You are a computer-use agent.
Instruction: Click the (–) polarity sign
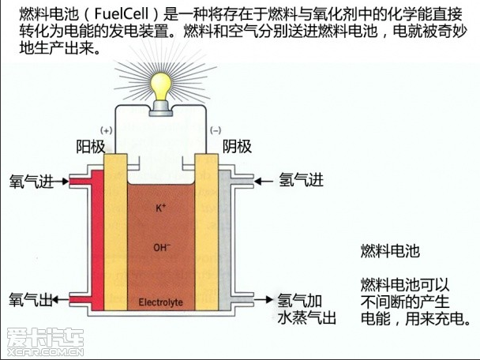tap(216, 129)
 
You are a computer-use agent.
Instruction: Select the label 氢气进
tap(301, 181)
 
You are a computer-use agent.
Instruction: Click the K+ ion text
tap(160, 208)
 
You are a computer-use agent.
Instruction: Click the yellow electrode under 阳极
tap(115, 237)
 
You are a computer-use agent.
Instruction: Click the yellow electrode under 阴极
tap(207, 237)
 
